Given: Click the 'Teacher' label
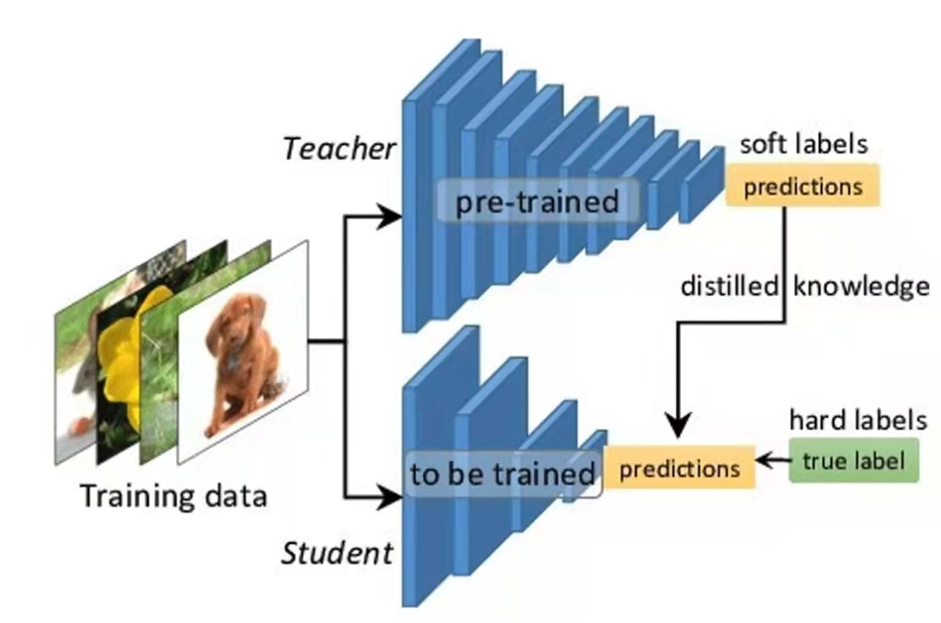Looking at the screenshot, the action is (339, 148).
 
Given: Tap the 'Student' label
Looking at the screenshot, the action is (337, 553).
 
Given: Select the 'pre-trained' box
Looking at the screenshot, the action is (537, 201).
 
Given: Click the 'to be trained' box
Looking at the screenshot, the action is (503, 474).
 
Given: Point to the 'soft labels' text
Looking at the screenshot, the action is (803, 144).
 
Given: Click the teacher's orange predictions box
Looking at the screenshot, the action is (802, 186).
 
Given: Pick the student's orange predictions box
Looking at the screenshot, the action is (679, 468).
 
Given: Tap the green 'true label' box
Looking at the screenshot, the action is (854, 460).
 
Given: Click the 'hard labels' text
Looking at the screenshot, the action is (857, 420).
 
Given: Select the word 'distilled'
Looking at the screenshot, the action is (730, 286).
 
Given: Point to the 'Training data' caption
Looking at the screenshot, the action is (174, 496).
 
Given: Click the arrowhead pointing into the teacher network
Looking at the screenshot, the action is (389, 216).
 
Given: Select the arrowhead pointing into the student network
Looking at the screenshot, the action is (389, 497).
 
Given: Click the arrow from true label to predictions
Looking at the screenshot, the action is (772, 461).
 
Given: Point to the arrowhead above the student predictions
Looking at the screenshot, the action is (679, 425).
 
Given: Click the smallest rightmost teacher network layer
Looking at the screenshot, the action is (702, 186).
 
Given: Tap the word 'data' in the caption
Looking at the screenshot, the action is (236, 496).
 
